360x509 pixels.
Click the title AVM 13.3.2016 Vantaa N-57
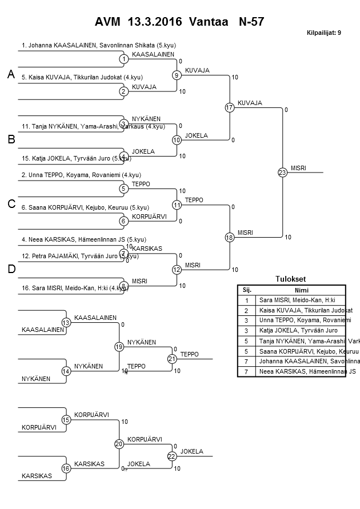click(179, 22)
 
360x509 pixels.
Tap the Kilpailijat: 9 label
click(324, 33)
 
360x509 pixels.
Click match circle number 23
click(282, 172)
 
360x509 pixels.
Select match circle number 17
click(230, 107)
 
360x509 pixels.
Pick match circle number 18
click(230, 237)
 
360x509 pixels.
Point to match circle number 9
click(177, 75)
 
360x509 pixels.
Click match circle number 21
click(172, 359)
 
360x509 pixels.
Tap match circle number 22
click(172, 456)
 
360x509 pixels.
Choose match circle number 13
click(66, 323)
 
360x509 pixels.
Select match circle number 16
click(66, 468)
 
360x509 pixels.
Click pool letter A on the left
click(11, 74)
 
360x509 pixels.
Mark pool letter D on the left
click(11, 269)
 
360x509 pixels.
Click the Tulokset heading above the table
click(291, 279)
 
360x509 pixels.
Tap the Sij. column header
click(246, 290)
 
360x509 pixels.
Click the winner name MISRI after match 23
click(298, 167)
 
